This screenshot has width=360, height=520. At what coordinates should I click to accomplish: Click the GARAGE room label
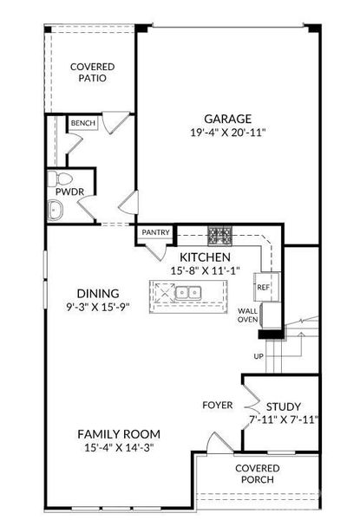227,119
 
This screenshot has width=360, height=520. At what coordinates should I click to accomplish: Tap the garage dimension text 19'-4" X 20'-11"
228,133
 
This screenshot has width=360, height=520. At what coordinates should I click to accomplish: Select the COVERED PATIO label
93,72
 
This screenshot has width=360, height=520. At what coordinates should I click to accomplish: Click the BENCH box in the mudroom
83,123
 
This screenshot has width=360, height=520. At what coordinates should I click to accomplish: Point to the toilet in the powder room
60,179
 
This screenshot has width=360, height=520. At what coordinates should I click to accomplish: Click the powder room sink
55,211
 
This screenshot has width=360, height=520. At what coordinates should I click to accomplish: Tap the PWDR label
69,192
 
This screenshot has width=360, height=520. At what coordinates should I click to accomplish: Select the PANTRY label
155,232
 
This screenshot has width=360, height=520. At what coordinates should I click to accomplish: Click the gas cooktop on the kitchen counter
220,236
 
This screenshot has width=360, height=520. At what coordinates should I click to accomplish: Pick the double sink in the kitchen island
188,292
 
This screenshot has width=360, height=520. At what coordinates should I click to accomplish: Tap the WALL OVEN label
247,315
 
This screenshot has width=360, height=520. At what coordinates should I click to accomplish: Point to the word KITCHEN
205,257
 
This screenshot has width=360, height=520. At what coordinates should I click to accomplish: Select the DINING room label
98,293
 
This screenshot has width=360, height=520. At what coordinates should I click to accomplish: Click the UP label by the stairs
259,356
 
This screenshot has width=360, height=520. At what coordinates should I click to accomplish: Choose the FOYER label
218,405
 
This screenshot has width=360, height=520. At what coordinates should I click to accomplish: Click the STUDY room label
284,406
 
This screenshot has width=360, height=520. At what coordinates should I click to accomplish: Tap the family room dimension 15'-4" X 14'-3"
119,448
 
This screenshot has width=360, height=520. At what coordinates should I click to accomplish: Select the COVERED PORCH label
257,474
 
